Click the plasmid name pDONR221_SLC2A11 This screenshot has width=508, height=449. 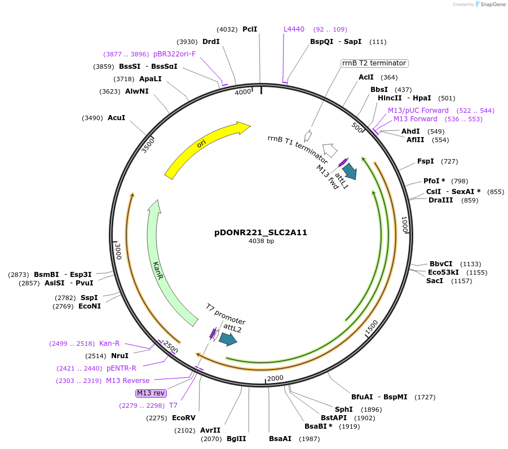tap(260, 232)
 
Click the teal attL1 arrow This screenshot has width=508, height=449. tap(350, 170)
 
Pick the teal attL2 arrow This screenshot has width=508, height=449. tap(228, 339)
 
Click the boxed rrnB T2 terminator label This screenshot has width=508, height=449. tap(374, 63)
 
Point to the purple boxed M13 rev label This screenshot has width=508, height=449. tap(151, 393)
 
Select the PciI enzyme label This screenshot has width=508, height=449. tap(250, 29)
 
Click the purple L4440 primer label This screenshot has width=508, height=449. tap(294, 29)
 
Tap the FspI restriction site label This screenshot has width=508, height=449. tap(425, 161)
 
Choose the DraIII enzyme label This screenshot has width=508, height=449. tap(440, 200)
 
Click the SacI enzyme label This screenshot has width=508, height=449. tap(434, 280)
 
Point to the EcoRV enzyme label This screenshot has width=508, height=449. tap(183, 418)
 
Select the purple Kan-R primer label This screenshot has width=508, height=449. tap(109, 343)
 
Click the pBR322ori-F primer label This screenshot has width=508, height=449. tap(174, 54)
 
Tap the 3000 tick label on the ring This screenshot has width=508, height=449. tap(118, 251)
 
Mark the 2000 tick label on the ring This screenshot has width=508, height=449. tap(275, 378)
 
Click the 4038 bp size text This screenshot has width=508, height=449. tap(261, 241)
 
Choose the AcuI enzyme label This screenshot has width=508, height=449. tap(116, 118)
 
